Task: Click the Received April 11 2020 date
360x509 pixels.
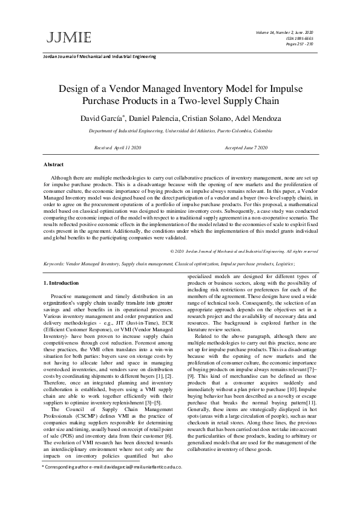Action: (117, 148)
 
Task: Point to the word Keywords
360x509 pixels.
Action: (55, 264)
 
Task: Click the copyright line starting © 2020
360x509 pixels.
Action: (243, 250)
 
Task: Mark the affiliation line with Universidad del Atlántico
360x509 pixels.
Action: (180, 131)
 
